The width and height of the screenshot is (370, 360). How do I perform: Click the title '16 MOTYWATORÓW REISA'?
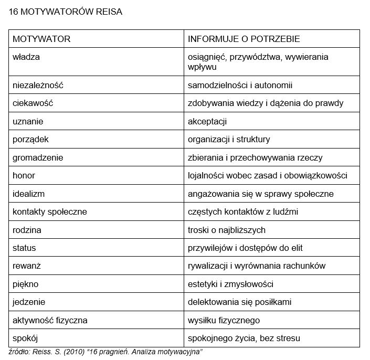coord(66,12)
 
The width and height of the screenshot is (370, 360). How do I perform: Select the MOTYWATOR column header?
coord(41,39)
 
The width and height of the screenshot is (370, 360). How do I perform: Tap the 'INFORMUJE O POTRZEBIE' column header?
coord(244,39)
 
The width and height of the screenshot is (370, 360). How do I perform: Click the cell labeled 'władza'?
coord(26,57)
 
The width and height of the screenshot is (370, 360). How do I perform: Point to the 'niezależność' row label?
coord(38,85)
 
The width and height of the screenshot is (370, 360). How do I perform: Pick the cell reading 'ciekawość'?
coord(33,103)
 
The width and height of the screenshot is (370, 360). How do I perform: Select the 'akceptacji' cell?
coord(207,121)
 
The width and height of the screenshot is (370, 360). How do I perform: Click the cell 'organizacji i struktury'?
coord(229,140)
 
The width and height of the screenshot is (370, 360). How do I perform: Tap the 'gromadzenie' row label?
coord(37,157)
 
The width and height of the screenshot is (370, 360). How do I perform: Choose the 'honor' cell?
coord(24,176)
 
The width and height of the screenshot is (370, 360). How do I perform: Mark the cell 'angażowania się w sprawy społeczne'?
coord(261,194)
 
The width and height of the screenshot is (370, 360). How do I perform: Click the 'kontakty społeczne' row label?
coord(50,212)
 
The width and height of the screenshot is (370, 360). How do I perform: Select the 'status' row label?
coord(24,248)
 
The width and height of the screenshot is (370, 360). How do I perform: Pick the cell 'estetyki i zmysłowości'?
coord(230,284)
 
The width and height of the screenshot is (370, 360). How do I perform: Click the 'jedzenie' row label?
coord(29,302)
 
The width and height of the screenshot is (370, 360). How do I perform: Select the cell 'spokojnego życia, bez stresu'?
coord(244,338)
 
